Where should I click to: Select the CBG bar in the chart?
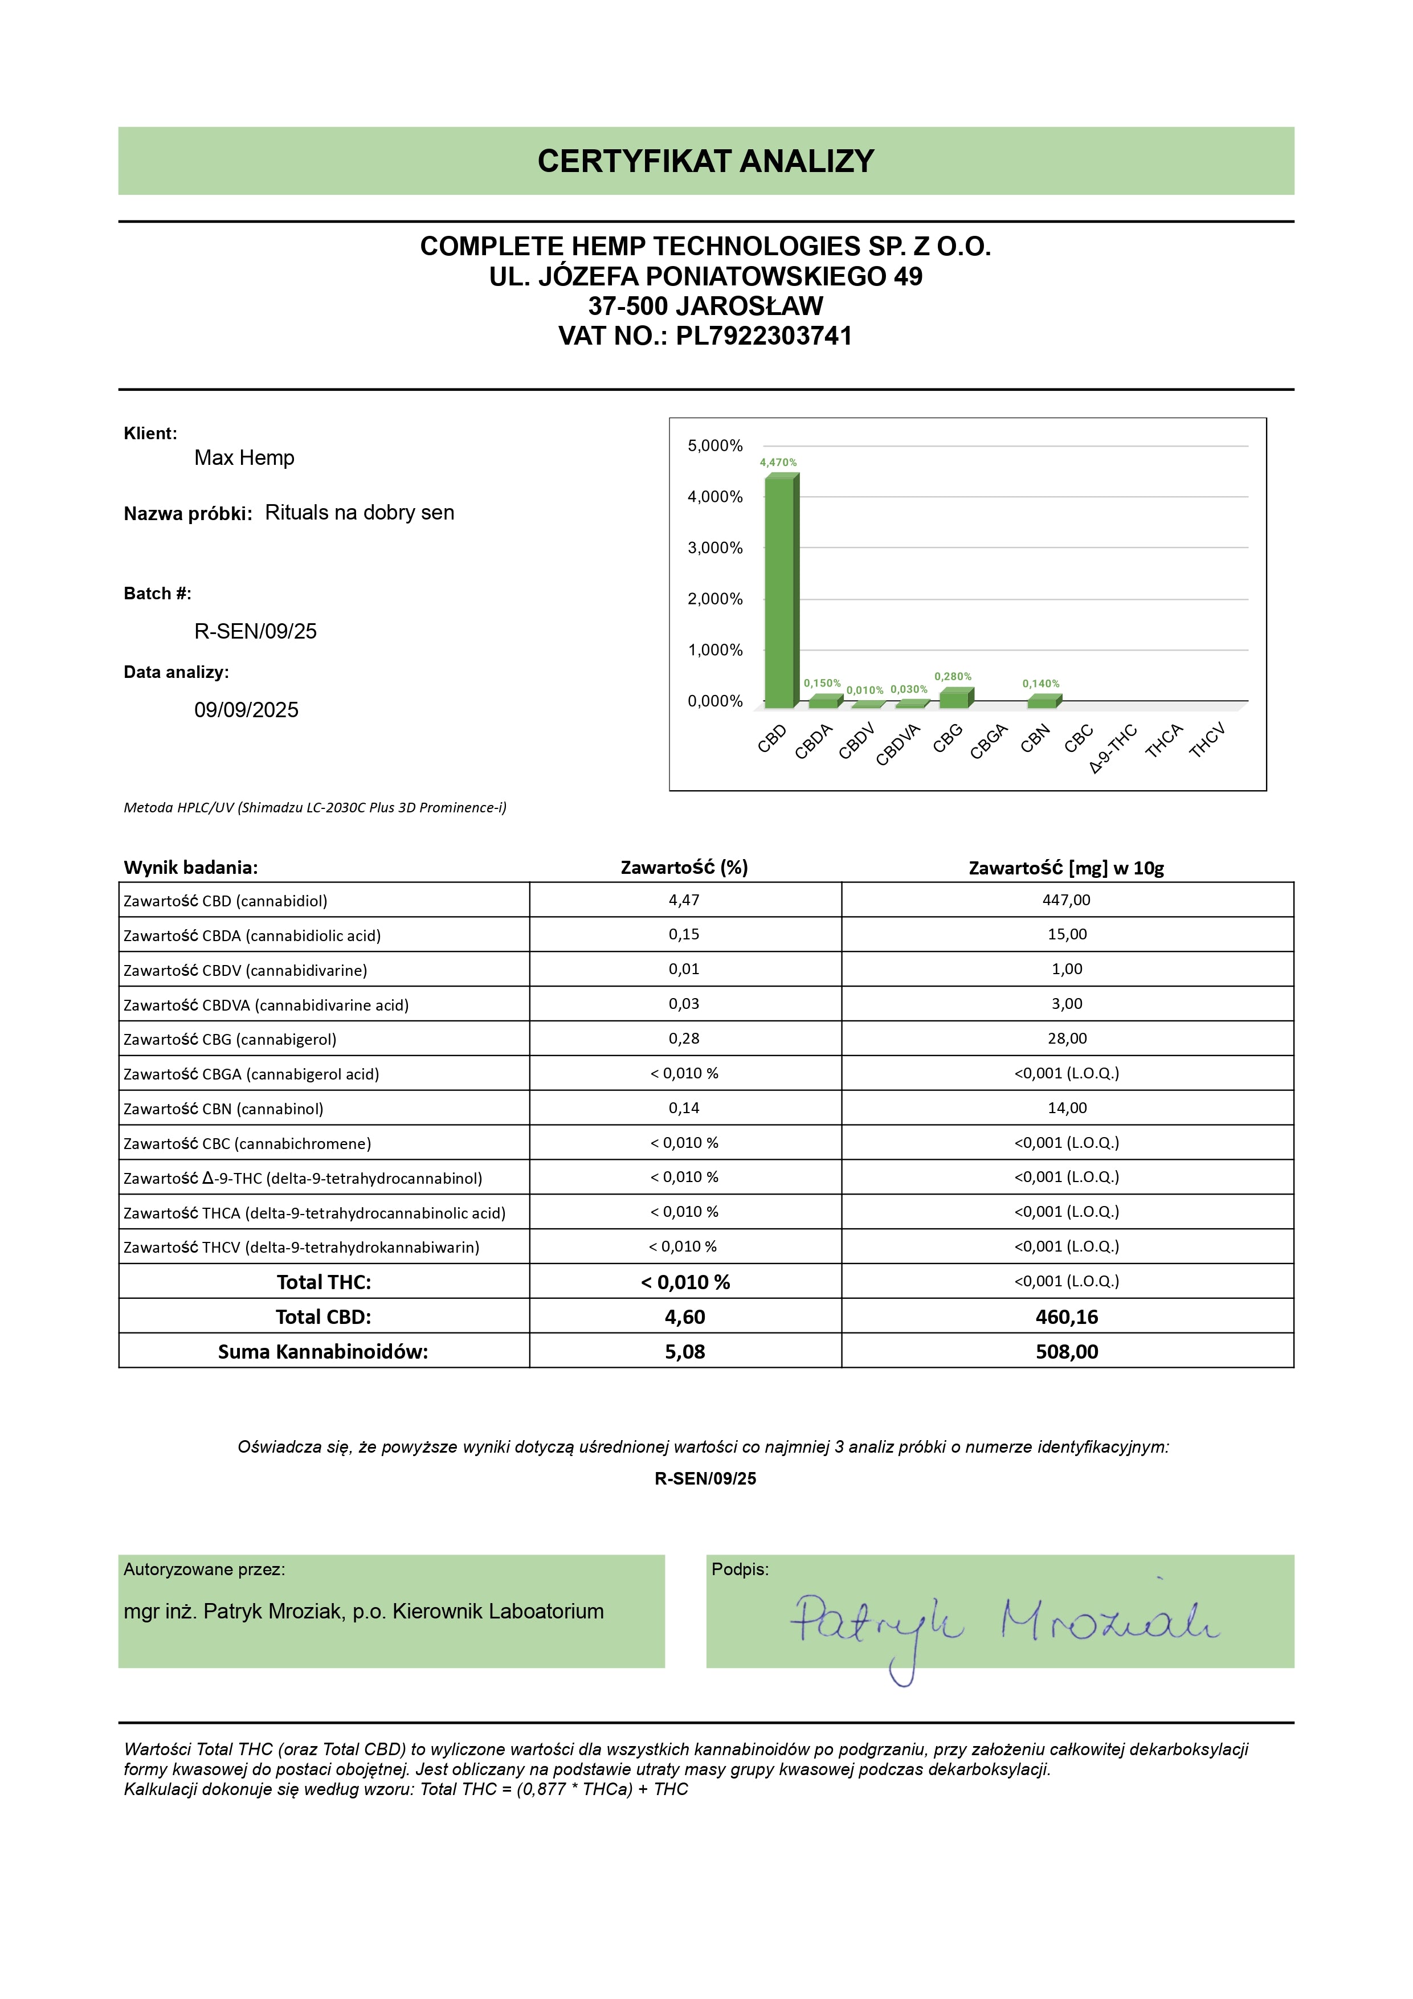[955, 698]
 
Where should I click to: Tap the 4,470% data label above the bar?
[778, 463]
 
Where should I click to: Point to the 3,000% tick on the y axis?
[715, 547]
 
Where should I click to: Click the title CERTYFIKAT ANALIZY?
[705, 161]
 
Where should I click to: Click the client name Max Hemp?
[244, 458]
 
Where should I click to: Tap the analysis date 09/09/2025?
[246, 710]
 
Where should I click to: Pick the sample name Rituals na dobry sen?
[360, 513]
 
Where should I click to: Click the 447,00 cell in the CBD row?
[1067, 900]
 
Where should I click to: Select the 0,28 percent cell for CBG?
[684, 1039]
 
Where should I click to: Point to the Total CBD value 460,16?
[1067, 1317]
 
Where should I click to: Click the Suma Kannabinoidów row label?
[323, 1352]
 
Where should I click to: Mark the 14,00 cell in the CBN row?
[1067, 1109]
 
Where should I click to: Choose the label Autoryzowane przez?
[205, 1570]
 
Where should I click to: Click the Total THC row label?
[323, 1282]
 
